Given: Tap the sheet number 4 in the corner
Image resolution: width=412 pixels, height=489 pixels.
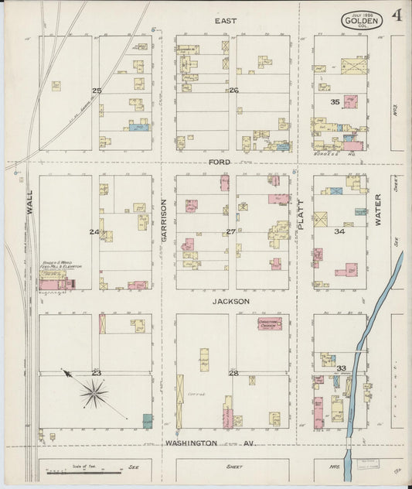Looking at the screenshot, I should click(x=396, y=15).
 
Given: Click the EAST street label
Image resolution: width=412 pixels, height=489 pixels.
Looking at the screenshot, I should click(x=226, y=20).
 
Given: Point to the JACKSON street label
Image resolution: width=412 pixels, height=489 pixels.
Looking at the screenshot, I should click(x=232, y=300).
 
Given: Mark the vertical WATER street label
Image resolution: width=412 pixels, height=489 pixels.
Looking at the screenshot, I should click(x=378, y=210).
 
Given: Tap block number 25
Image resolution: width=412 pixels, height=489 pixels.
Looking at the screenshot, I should click(x=97, y=91).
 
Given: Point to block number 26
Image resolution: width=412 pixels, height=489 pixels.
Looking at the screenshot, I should click(x=233, y=91).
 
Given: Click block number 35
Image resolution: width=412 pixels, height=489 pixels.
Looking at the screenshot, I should click(x=335, y=101).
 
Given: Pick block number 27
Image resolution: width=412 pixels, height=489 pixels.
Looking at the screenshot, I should click(x=230, y=231).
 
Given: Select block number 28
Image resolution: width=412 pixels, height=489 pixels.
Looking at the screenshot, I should click(x=233, y=373).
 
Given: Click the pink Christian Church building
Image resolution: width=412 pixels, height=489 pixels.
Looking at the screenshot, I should click(x=269, y=323).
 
